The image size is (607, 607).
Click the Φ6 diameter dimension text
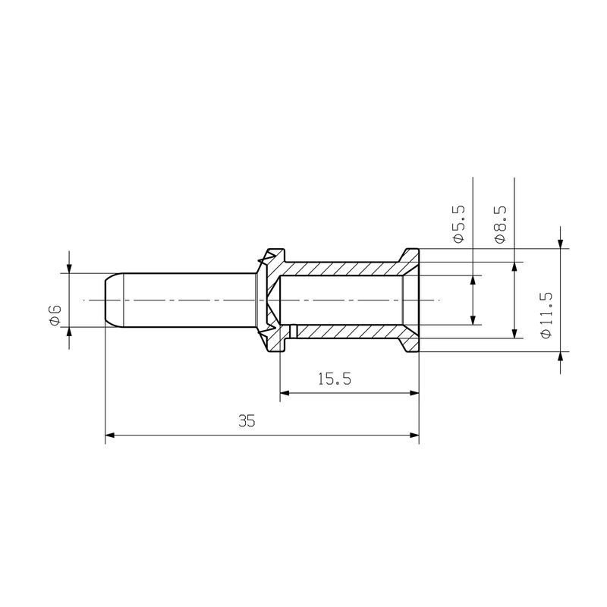54,314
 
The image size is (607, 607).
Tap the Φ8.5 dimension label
500,224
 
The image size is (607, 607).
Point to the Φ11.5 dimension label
544,314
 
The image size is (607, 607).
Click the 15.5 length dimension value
334,379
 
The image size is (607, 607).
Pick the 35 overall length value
246,422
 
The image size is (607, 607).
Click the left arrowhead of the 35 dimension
109,436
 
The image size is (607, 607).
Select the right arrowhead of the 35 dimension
414,436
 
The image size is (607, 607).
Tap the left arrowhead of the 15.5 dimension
285,393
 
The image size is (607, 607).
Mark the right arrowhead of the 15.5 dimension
414,393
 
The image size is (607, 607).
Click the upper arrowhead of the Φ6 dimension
69,268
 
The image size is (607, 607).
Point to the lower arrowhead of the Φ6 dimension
69,332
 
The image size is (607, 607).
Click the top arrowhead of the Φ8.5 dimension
515,267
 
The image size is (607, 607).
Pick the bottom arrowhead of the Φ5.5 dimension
473,319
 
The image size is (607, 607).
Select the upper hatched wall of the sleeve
341,269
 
